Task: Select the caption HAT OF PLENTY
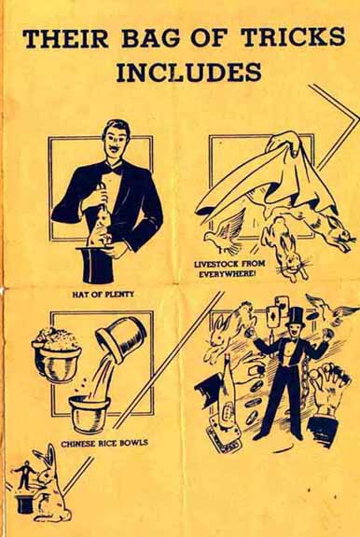pyautogui.click(x=103, y=294)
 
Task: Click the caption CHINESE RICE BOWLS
pyautogui.click(x=104, y=443)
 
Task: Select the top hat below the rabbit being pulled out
pyautogui.click(x=95, y=265)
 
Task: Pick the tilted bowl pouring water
pyautogui.click(x=121, y=338)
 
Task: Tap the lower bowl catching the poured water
pyautogui.click(x=89, y=413)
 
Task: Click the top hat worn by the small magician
pyautogui.click(x=296, y=317)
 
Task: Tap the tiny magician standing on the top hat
pyautogui.click(x=25, y=475)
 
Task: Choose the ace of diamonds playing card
pyautogui.click(x=273, y=317)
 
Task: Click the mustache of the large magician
pyautogui.click(x=116, y=149)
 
